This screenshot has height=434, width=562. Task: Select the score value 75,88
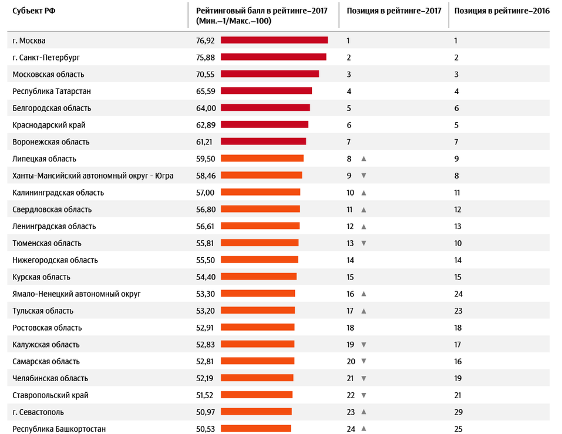click(x=206, y=58)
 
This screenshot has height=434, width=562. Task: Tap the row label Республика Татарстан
click(x=52, y=92)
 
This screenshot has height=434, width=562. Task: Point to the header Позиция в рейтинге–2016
click(x=502, y=11)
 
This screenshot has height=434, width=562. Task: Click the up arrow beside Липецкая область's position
click(x=364, y=159)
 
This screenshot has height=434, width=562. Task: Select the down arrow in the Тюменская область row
click(x=364, y=243)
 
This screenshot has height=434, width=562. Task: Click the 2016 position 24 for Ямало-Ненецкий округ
click(x=459, y=294)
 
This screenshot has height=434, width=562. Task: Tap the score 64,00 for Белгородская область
click(x=206, y=108)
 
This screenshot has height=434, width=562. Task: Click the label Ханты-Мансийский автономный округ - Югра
click(x=93, y=176)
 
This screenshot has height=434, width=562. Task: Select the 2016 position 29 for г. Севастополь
click(x=459, y=412)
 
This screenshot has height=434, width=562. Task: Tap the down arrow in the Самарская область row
click(x=364, y=361)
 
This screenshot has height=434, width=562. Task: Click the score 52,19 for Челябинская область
click(x=206, y=378)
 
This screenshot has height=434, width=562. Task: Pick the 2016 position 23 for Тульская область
click(x=459, y=311)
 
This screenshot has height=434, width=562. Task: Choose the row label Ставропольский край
click(x=51, y=395)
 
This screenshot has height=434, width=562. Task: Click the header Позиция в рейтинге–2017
click(x=393, y=11)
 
